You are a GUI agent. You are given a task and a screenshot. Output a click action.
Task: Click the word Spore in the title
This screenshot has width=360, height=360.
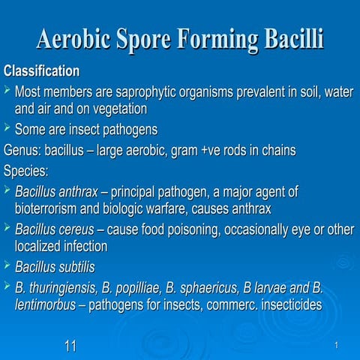coord(173,39)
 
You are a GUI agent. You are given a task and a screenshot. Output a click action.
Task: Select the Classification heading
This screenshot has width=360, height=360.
coord(42,72)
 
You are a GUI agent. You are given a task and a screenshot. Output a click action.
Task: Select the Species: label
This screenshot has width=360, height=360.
coord(26,169)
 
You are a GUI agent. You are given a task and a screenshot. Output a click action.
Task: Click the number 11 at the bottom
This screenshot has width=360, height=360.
coord(70,345)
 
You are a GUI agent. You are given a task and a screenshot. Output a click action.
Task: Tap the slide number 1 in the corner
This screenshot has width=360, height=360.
coord(339,345)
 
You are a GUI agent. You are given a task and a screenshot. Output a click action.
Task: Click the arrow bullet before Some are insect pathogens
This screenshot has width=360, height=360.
coord(7,128)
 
